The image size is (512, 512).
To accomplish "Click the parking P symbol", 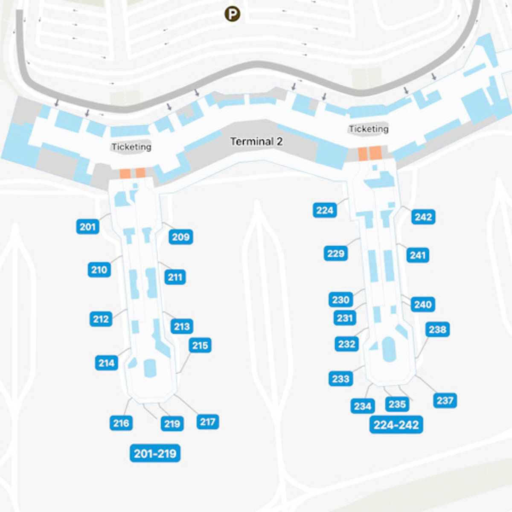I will coord(232,14).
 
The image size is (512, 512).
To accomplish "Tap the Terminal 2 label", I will coord(256,141).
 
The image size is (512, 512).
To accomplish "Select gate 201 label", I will coord(88,227).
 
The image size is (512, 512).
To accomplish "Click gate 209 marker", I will coord(181,237).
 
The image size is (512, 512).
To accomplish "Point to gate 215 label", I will coord(200,345).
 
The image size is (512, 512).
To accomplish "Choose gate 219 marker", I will coord(172,424).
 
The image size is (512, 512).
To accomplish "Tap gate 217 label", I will coord(208,422).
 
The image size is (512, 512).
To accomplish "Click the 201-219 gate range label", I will coord(155,453).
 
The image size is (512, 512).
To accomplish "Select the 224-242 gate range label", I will coord(396,425).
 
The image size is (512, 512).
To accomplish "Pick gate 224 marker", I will coord(325,210).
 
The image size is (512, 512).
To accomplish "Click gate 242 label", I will coord(424,217).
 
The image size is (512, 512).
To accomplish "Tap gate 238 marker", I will coord(438,329).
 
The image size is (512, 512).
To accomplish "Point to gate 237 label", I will coord(445,400).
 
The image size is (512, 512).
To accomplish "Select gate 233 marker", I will coord(341,378).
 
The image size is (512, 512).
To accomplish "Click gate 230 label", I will coord(341,300).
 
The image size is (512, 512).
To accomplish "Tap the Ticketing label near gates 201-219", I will coord(131,147).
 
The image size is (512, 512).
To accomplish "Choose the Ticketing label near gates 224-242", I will coord(369,128).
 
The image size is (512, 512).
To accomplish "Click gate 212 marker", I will coord(101,319).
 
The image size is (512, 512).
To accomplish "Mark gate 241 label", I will coord(418,255).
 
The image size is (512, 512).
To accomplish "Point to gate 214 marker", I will coord(107,363).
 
